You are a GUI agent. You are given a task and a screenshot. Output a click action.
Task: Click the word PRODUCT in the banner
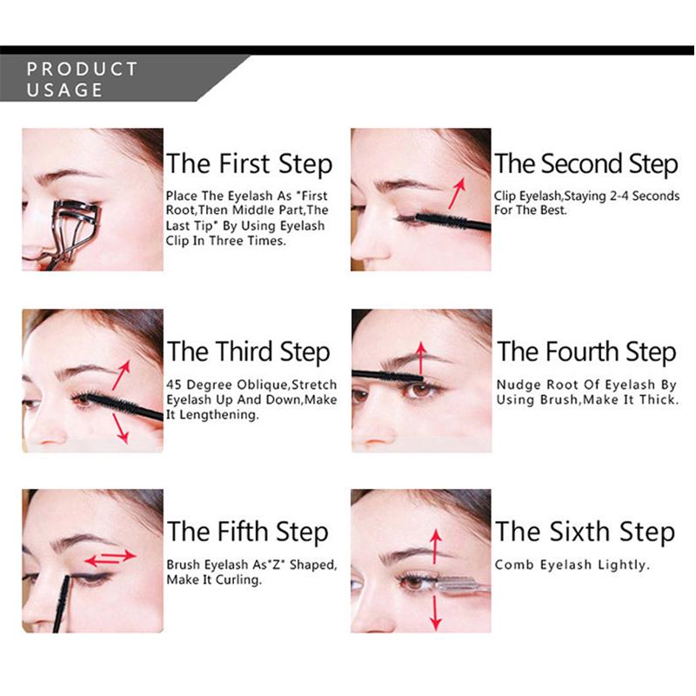click(x=82, y=69)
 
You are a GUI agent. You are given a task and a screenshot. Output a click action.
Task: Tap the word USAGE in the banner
click(x=64, y=90)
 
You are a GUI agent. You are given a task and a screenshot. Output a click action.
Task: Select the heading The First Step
click(x=249, y=164)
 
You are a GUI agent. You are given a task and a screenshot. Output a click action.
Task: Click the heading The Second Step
click(x=586, y=164)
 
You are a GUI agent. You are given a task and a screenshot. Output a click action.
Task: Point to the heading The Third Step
click(x=249, y=352)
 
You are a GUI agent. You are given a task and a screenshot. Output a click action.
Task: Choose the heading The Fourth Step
click(x=586, y=352)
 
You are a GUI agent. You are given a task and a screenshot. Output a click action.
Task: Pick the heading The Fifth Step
click(x=248, y=532)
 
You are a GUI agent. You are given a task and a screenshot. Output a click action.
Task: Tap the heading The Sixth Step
click(x=585, y=532)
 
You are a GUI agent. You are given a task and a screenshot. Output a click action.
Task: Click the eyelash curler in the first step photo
click(x=71, y=231)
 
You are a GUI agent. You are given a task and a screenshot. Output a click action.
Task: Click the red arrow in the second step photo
click(x=457, y=193)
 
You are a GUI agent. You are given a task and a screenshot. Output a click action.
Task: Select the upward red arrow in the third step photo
click(x=121, y=375)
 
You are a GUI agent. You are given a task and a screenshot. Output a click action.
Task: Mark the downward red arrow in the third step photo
click(x=121, y=428)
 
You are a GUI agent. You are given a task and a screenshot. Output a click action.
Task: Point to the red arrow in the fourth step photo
click(x=421, y=358)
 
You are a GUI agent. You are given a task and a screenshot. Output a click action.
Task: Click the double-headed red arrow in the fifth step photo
click(x=110, y=558)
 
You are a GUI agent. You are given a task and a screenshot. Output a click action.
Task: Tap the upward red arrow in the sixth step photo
click(x=436, y=546)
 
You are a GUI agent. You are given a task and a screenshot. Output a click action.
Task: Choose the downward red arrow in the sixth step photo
click(x=436, y=612)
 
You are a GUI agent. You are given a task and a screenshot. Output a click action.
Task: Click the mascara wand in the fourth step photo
click(x=387, y=377)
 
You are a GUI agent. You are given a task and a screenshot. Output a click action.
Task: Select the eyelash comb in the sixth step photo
click(x=462, y=585)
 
